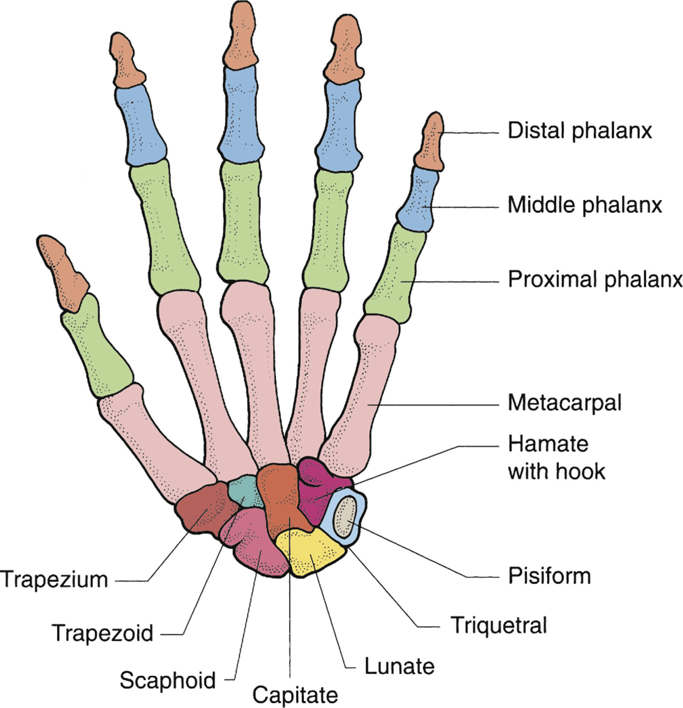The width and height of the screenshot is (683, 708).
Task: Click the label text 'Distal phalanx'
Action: [x=580, y=131]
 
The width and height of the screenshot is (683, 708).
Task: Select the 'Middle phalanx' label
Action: [x=585, y=205]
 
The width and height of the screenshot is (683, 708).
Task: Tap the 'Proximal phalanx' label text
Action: [x=595, y=279]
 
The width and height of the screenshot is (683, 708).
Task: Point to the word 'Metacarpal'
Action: [x=565, y=403]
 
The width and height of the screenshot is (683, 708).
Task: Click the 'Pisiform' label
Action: [x=549, y=576]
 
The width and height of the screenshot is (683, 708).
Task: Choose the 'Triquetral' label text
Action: [x=499, y=625]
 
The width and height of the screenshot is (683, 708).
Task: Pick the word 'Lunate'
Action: [x=399, y=666]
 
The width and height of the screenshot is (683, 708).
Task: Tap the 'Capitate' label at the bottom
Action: [x=295, y=695]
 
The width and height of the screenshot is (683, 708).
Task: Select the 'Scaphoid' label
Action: [x=168, y=680]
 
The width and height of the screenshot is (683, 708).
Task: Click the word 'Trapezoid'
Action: [x=102, y=633]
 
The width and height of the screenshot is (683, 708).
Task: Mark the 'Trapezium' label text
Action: [x=54, y=580]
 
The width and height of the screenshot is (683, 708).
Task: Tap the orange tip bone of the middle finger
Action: [x=239, y=36]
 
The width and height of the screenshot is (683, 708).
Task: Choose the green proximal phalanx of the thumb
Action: [x=96, y=347]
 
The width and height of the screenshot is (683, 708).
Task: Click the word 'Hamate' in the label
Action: [x=548, y=444]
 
